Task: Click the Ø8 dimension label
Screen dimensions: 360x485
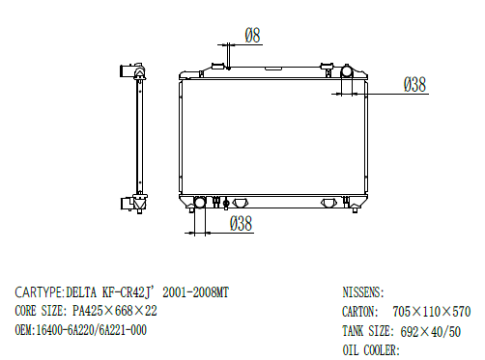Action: coord(251,36)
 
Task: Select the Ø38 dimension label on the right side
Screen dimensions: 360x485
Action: coord(414,85)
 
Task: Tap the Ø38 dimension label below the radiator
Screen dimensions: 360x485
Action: coord(241,224)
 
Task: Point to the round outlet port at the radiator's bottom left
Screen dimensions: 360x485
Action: coord(200,203)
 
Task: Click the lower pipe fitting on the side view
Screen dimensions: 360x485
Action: coord(127,203)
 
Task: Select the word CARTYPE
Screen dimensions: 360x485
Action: coord(39,291)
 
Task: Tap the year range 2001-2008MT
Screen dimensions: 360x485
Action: coord(197,291)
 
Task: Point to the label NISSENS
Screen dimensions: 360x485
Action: coord(363,291)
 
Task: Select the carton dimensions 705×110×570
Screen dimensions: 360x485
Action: coord(431,312)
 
